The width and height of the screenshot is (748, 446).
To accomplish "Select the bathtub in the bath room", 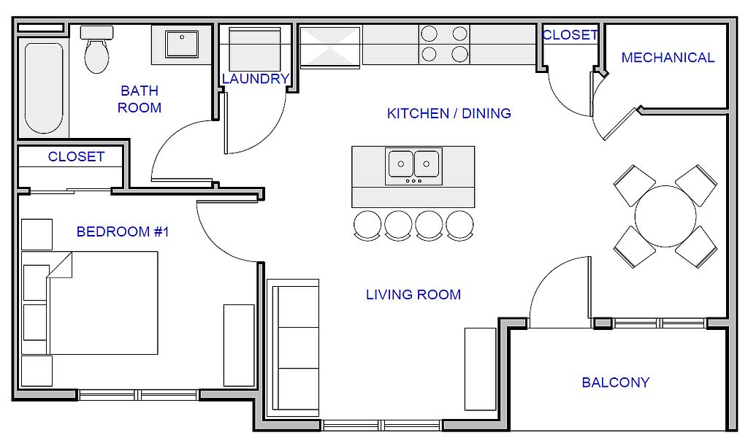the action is point(44,88).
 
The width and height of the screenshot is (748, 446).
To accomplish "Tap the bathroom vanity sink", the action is point(181,44).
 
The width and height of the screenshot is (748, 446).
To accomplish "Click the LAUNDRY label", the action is point(256,79).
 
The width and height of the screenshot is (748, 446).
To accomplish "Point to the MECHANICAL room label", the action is point(668,58).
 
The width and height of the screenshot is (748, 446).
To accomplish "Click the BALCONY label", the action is point(615,382).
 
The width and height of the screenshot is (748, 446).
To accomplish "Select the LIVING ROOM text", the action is point(413,294).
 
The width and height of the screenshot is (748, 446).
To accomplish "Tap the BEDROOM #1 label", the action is point(123,231).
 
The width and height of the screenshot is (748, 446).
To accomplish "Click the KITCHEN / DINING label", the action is point(449,113).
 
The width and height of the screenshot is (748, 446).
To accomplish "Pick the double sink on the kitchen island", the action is point(413,166).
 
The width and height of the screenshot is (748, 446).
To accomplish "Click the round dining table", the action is point(665,216).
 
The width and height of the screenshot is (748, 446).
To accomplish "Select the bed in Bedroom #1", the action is point(102,303).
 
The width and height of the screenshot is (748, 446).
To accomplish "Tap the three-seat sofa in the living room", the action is point(293,348).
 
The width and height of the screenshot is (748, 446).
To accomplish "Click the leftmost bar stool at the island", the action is point(367,225).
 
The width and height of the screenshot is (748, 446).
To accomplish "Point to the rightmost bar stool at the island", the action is point(460,225).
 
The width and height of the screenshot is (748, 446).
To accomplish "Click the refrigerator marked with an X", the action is point(330,47).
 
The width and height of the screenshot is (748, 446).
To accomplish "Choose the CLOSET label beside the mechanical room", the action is point(570,35).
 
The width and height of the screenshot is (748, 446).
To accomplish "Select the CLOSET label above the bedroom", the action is point(76,156).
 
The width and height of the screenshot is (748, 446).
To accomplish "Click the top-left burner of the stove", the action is point(429,34).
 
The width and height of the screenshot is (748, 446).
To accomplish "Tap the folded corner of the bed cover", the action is point(61,264).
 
